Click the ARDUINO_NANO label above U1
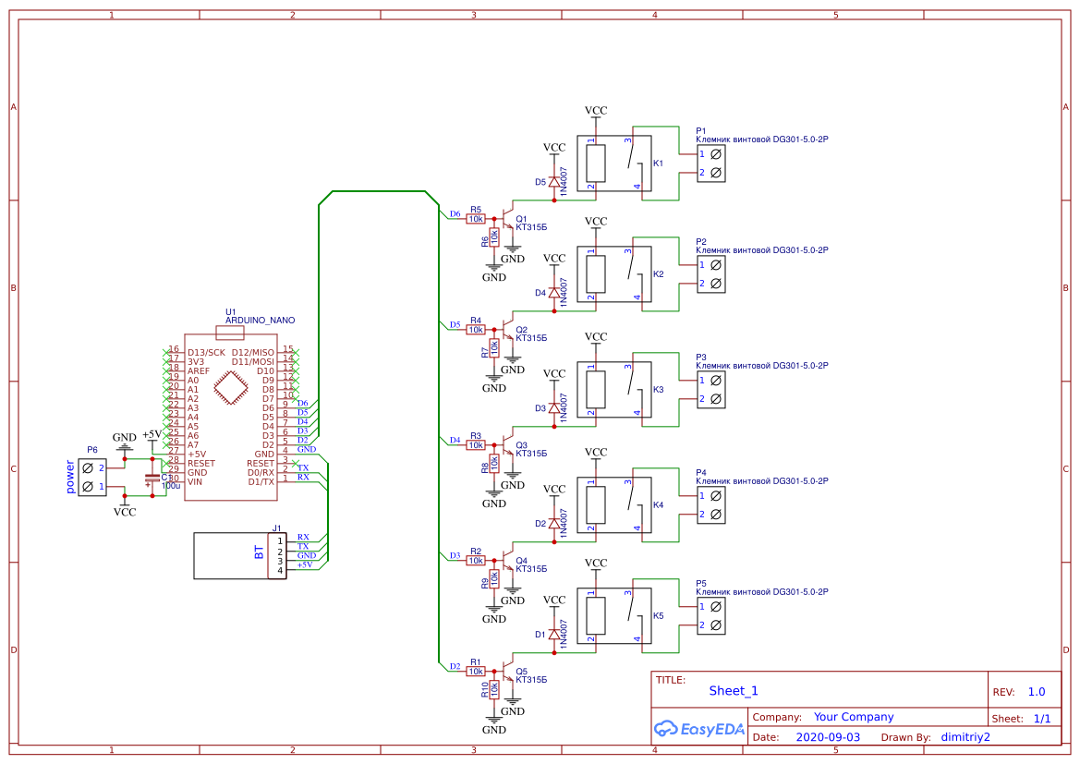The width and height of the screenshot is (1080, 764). click(260, 321)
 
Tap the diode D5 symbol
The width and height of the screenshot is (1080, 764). click(554, 182)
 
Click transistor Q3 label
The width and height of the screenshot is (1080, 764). click(522, 444)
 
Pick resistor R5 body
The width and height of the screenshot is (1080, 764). click(476, 219)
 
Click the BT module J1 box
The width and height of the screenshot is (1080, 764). click(239, 555)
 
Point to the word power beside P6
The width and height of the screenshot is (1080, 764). click(69, 477)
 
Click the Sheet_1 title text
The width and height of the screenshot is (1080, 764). click(734, 691)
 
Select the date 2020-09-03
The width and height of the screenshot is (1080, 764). click(828, 737)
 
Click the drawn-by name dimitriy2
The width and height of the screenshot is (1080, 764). click(965, 737)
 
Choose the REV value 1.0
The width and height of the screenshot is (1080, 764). click(1036, 692)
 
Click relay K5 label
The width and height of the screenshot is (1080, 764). click(658, 615)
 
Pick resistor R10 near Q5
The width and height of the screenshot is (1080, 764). click(494, 688)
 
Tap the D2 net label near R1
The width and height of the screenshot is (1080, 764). click(454, 666)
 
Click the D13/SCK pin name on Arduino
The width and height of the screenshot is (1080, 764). click(206, 353)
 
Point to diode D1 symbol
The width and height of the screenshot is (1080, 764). click(554, 635)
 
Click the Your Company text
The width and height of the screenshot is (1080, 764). click(854, 717)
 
